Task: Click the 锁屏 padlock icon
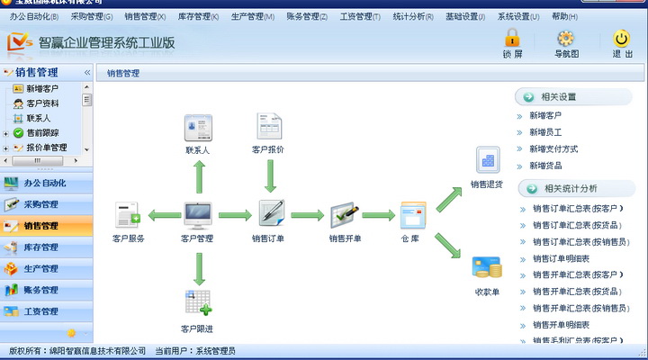coord(512,38)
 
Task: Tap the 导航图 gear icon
coord(566,38)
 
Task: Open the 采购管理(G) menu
coord(92,16)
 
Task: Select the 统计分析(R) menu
coord(413,16)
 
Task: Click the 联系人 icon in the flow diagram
coord(198,125)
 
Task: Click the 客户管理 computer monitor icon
coord(198,214)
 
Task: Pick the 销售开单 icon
coord(345,214)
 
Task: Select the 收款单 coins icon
coord(487,268)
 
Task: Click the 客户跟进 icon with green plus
coord(198,302)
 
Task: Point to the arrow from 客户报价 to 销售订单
coord(269,175)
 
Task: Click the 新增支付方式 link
coord(553,148)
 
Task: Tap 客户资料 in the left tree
coord(42,103)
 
